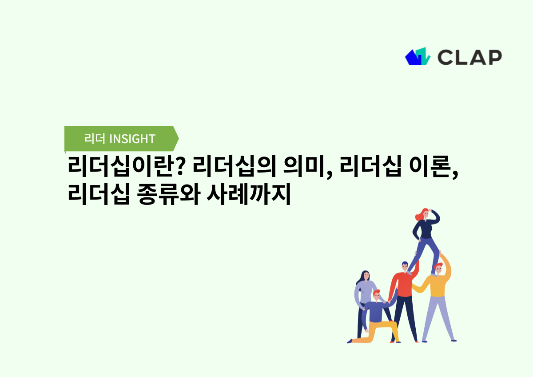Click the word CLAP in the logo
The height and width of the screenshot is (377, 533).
click(469, 57)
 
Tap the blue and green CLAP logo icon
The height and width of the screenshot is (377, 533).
click(418, 56)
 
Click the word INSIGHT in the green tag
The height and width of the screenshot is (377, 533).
click(132, 139)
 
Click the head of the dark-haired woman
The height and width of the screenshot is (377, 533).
click(366, 276)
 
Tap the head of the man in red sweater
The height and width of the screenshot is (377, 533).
click(405, 267)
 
